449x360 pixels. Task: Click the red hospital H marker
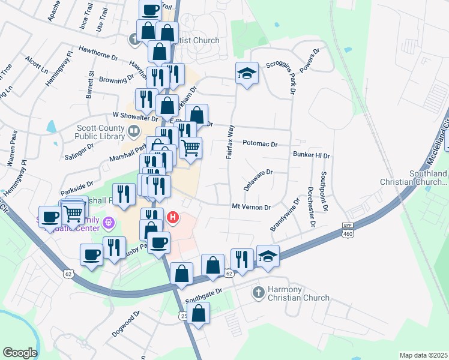click(x=173, y=217)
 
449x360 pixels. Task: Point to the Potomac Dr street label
click(x=260, y=144)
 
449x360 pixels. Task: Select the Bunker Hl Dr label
click(x=312, y=155)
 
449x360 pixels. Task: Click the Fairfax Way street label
click(x=229, y=142)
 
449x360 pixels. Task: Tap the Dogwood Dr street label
click(x=126, y=323)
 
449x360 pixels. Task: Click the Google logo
click(x=19, y=353)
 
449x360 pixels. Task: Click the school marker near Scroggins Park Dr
click(x=247, y=73)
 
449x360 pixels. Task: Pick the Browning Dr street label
click(x=116, y=79)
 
